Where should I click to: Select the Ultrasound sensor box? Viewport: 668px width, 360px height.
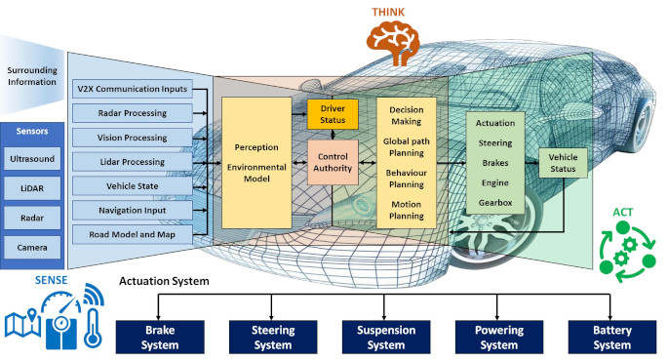point(31,156)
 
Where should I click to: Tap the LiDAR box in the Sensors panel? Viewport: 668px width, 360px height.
point(31,186)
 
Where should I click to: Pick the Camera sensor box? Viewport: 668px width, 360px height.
point(31,248)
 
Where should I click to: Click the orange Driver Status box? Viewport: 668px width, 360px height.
point(333,113)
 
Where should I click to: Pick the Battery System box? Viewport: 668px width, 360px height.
point(611,338)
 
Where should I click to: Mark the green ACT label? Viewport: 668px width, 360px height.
point(622,212)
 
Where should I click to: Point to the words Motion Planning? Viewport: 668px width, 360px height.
point(406,211)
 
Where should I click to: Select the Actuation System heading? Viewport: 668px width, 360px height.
point(164,282)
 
